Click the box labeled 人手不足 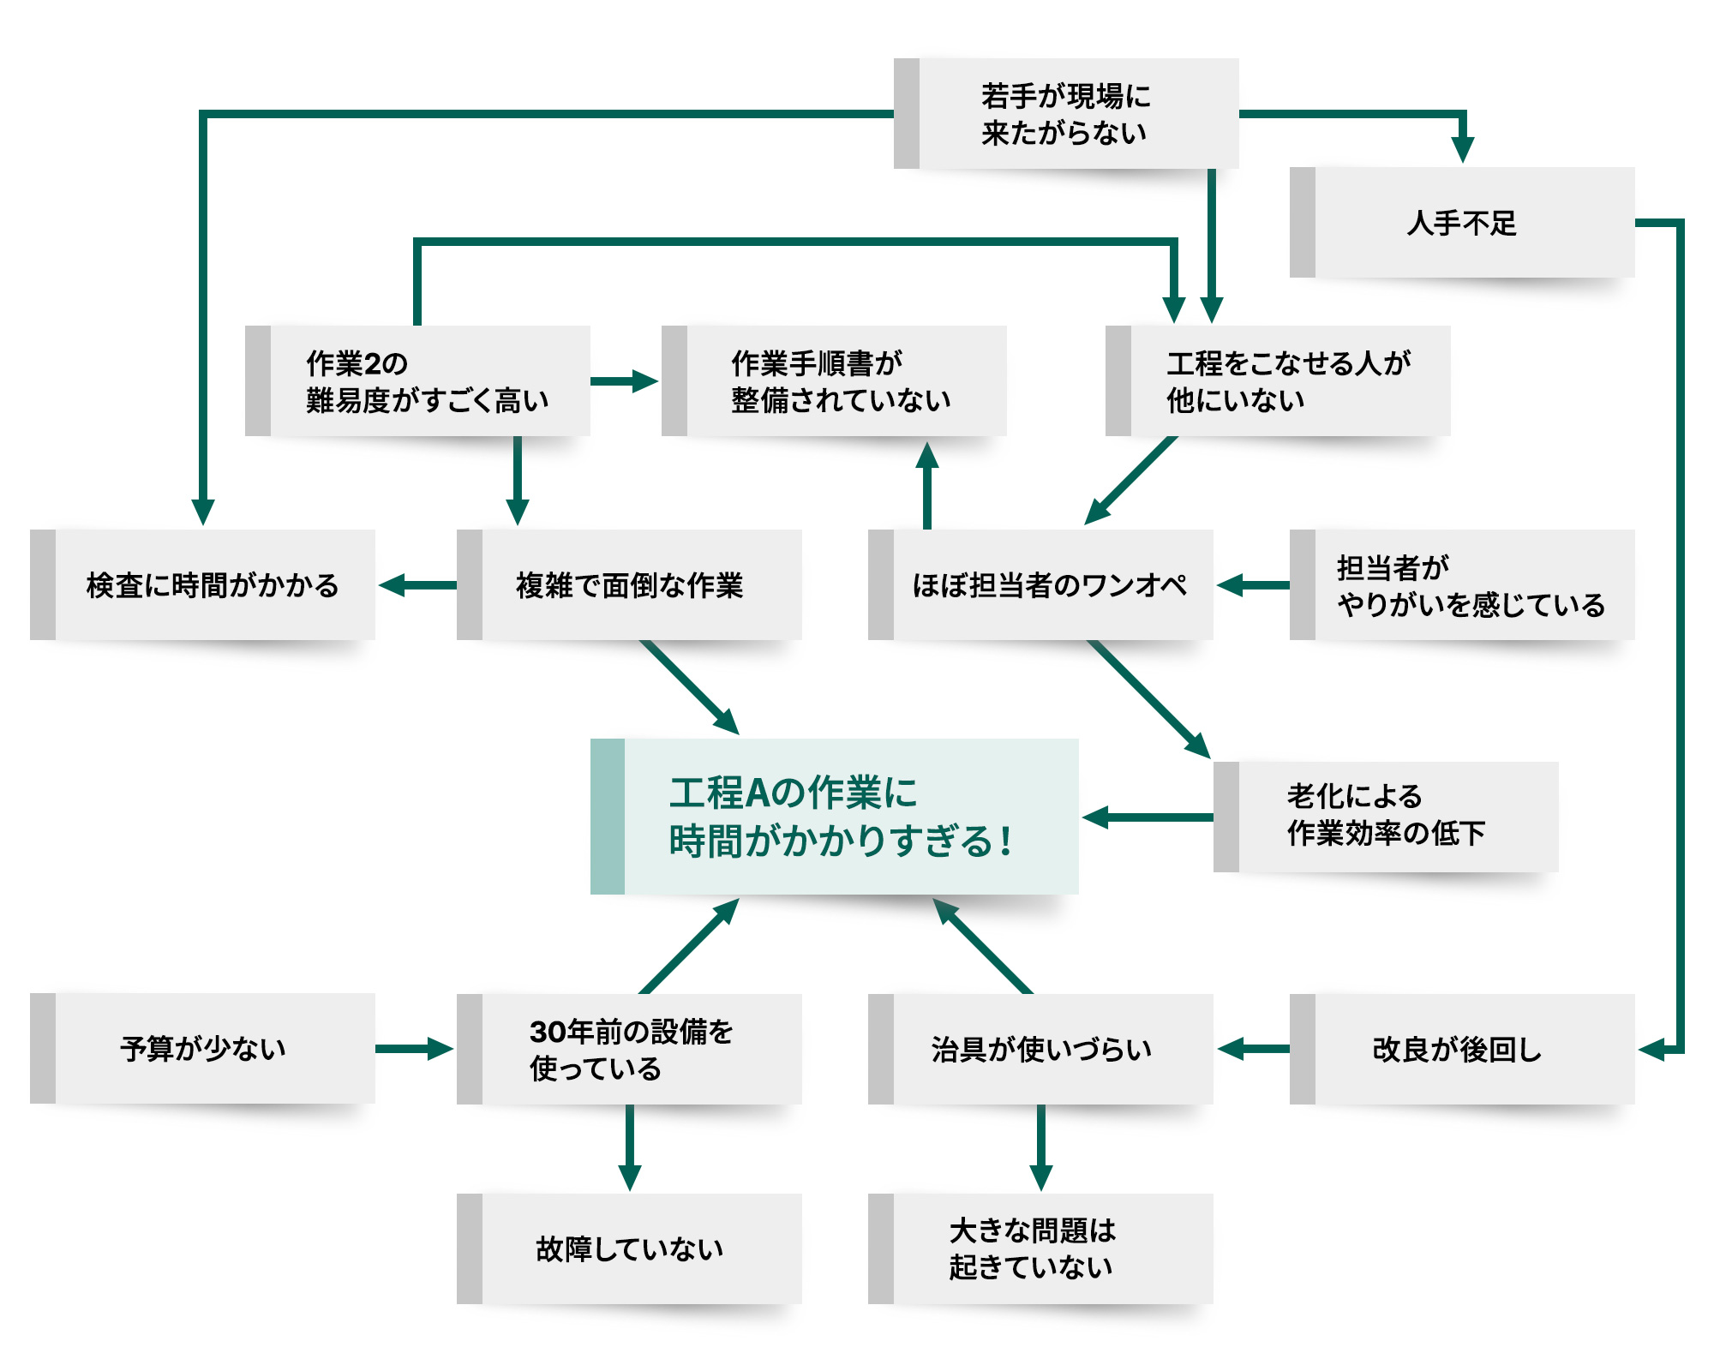point(1462,223)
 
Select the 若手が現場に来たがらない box point(1066,114)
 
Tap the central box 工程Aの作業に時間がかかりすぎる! point(836,817)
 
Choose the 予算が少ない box point(203,1049)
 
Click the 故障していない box point(630,1248)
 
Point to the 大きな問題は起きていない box point(1041,1248)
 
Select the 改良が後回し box point(1462,1049)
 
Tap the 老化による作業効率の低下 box point(1386,817)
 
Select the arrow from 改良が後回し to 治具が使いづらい point(1252,1049)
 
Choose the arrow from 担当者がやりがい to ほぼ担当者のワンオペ point(1252,585)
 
